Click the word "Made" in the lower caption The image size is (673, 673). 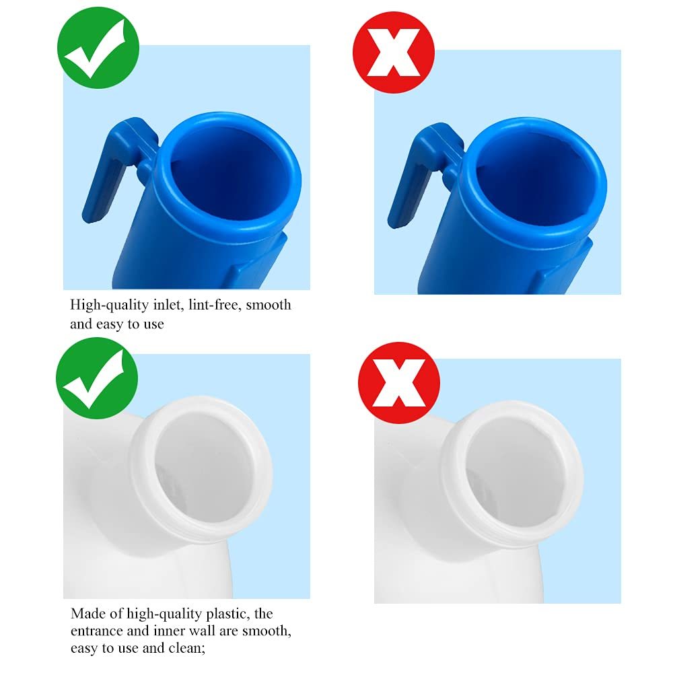87,614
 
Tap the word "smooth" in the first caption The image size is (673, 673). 269,305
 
